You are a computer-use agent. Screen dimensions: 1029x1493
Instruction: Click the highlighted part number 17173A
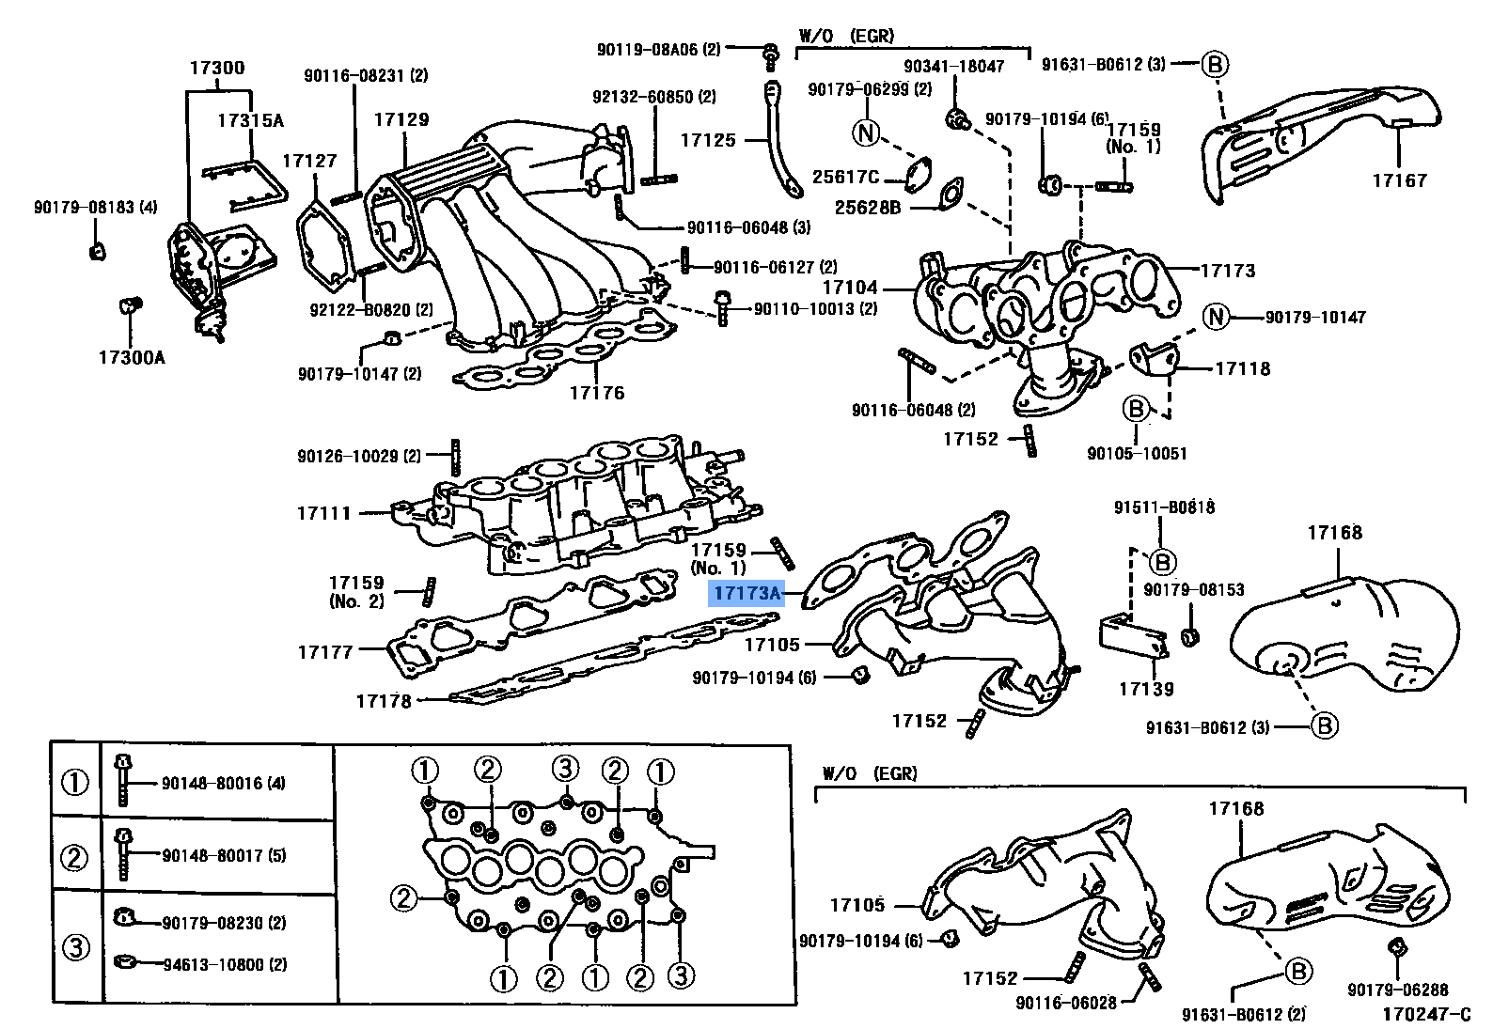[x=746, y=593]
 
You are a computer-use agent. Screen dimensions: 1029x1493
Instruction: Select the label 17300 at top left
[x=217, y=68]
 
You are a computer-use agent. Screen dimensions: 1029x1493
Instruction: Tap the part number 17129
[x=401, y=119]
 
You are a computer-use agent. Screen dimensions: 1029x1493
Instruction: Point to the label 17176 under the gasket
[x=597, y=393]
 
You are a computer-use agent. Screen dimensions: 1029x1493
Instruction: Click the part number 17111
[x=324, y=513]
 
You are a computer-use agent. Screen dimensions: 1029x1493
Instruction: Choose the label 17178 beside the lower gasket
[x=384, y=700]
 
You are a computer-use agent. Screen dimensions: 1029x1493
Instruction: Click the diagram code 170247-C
[x=1425, y=1014]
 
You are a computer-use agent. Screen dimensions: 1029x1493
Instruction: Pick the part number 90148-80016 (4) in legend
[x=223, y=783]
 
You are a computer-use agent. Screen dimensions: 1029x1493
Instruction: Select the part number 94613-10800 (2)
[x=225, y=964]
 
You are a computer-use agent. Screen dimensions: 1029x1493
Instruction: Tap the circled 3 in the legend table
[x=75, y=947]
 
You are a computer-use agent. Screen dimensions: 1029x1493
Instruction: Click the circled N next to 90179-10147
[x=1217, y=317]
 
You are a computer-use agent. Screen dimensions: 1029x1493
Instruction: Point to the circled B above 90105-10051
[x=1136, y=409]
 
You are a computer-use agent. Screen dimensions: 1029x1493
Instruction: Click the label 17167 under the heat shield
[x=1399, y=179]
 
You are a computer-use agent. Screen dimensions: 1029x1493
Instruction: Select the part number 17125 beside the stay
[x=708, y=140]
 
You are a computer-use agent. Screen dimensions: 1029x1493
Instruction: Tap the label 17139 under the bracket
[x=1146, y=689]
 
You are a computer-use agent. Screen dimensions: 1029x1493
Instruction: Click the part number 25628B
[x=868, y=207]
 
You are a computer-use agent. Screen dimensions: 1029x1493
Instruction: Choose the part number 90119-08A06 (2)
[x=658, y=49]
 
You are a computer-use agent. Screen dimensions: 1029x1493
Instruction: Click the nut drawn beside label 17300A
[x=131, y=306]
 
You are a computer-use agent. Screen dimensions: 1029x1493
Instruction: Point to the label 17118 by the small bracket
[x=1242, y=368]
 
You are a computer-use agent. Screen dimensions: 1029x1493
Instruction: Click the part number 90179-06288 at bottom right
[x=1397, y=989]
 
